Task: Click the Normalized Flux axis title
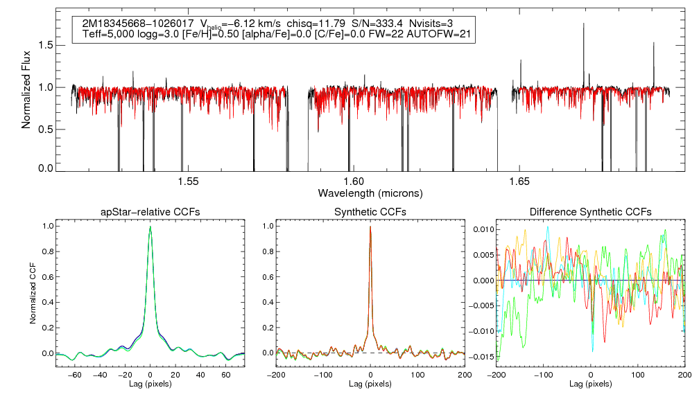(x=26, y=90)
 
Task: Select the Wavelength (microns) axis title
(x=370, y=193)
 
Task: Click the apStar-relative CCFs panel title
(x=150, y=211)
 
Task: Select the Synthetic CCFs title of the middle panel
(x=370, y=211)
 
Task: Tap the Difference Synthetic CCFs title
(x=590, y=211)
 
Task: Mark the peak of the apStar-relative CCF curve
(x=150, y=227)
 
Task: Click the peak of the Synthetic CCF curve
(x=370, y=227)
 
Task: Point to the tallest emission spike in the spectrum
(x=584, y=24)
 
